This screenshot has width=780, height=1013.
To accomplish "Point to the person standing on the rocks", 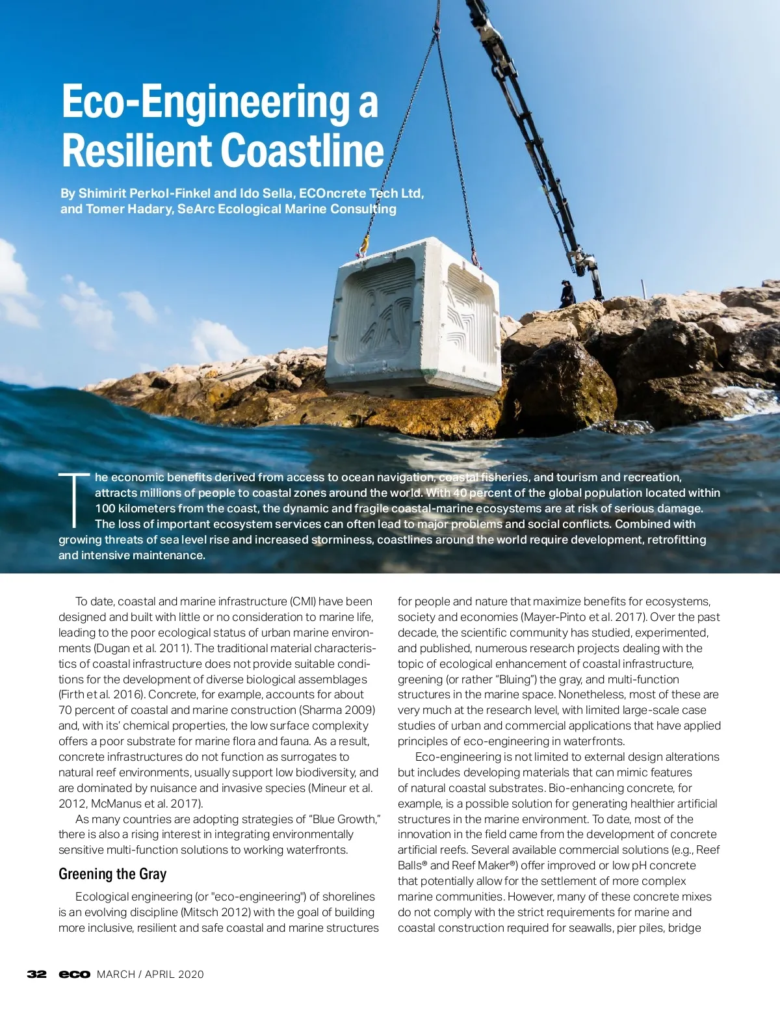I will point(567,294).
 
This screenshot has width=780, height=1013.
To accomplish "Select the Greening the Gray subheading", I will point(112,874).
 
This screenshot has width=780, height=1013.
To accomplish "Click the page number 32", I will point(36,974).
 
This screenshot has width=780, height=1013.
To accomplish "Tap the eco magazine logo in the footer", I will point(74,974).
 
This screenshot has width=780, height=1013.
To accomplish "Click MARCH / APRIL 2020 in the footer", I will point(150,974).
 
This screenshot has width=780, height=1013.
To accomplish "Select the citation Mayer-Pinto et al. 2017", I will point(582,617).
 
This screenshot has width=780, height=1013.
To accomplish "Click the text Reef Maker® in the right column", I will point(485,865).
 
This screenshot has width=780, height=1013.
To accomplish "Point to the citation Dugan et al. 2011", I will point(142,648).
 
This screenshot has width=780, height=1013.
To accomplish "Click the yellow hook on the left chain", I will point(363,246).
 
